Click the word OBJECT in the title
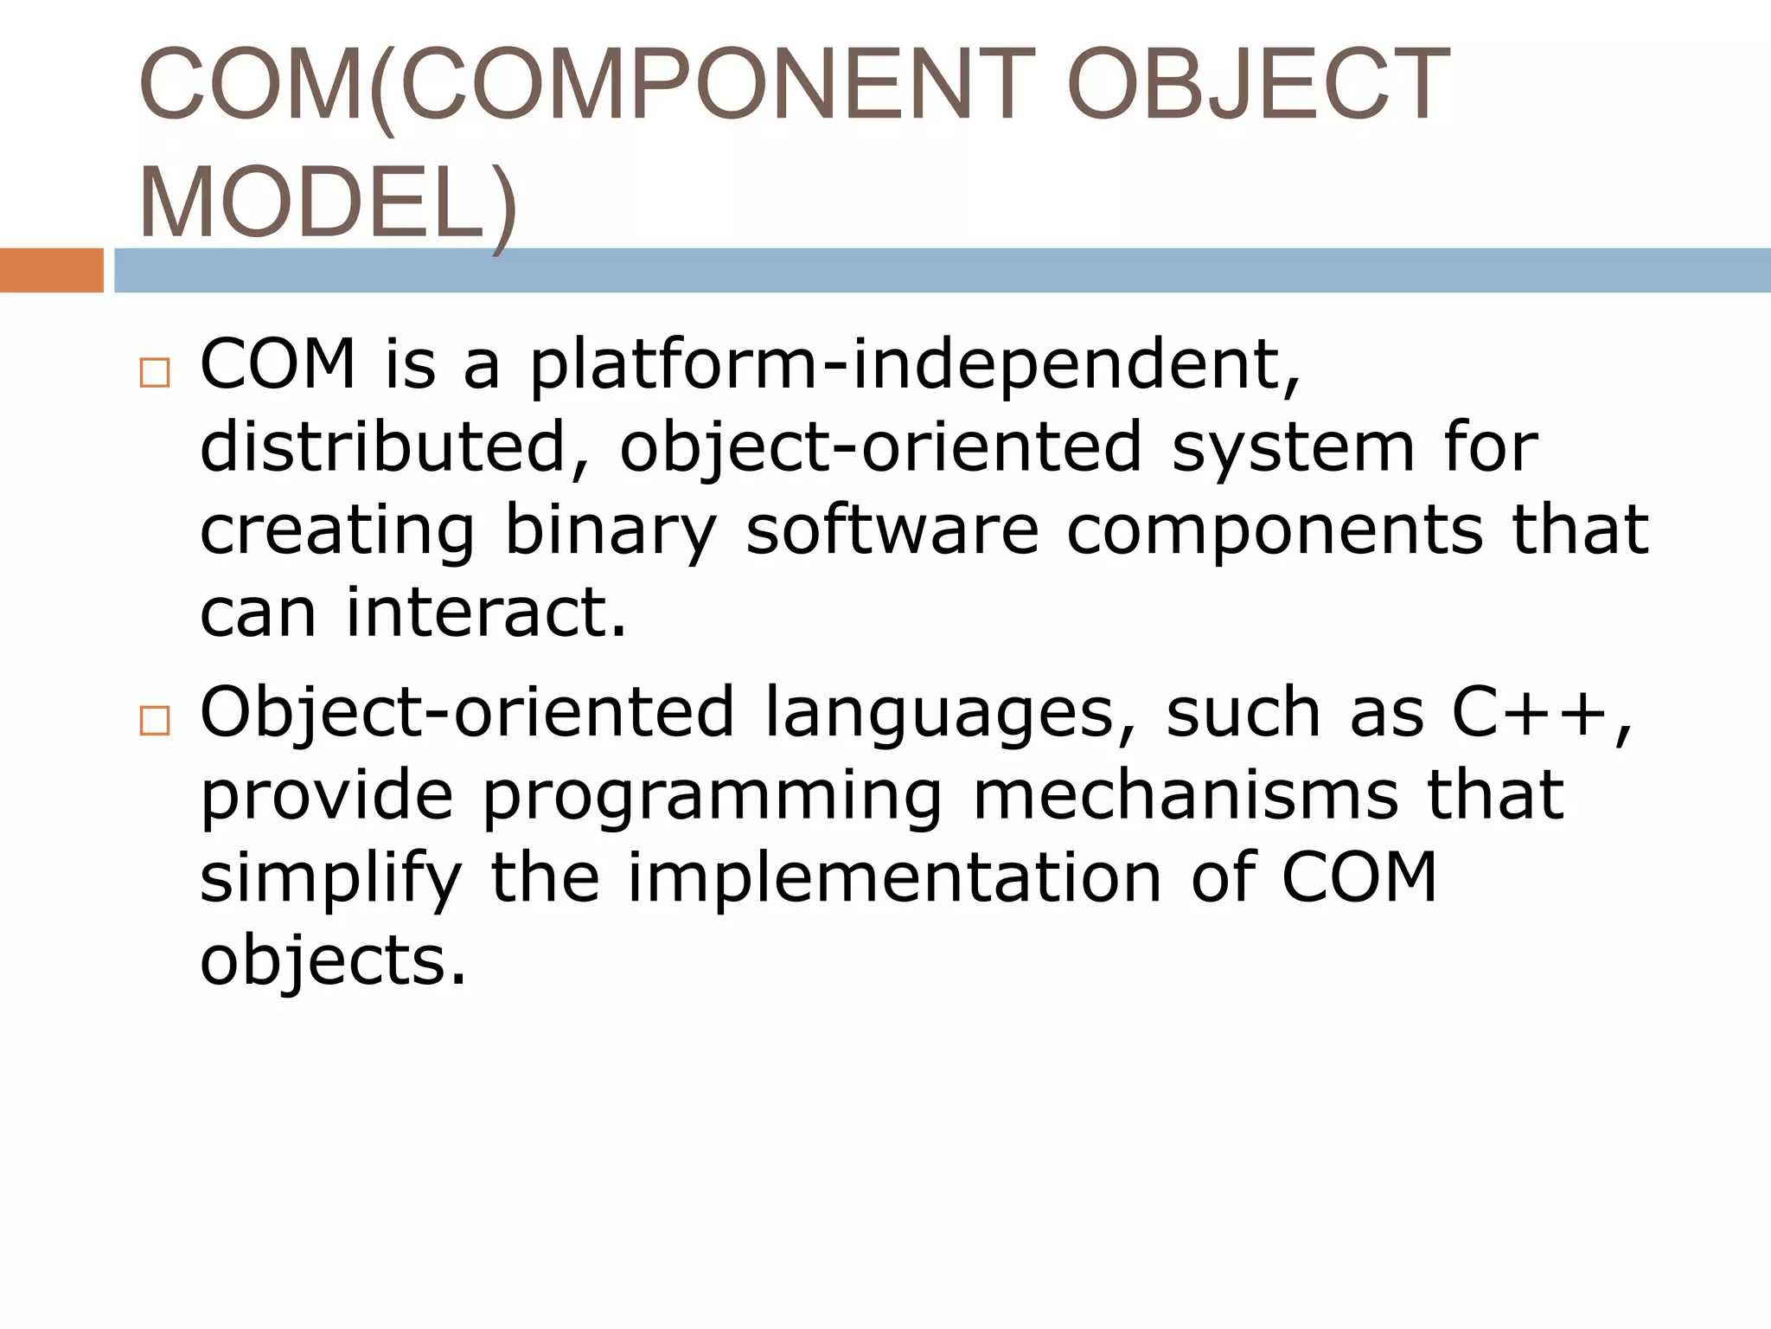[x=1258, y=85]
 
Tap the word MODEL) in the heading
[x=328, y=204]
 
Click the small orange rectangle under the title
[x=51, y=270]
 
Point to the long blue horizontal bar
[x=942, y=270]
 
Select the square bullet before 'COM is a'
[x=155, y=373]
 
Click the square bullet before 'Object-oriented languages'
[x=155, y=720]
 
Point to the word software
[x=892, y=530]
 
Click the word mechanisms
[x=1186, y=794]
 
